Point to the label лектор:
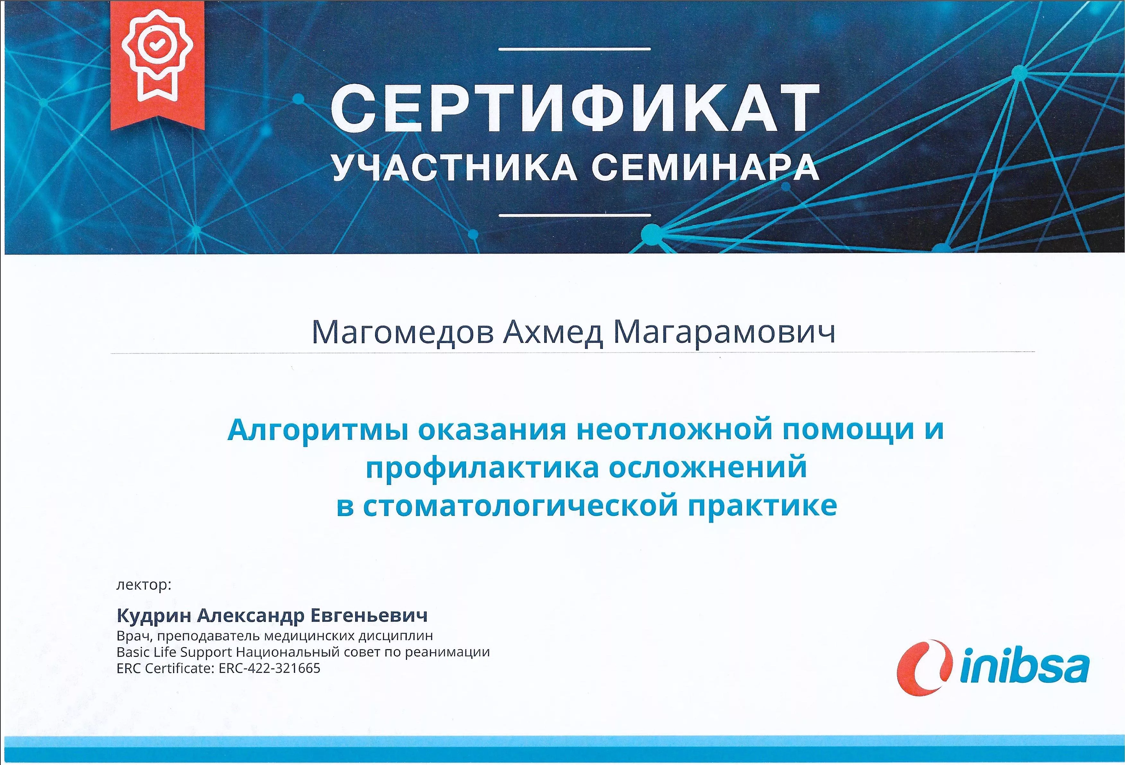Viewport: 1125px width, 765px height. [144, 586]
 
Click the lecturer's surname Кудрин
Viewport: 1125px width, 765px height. [154, 616]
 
